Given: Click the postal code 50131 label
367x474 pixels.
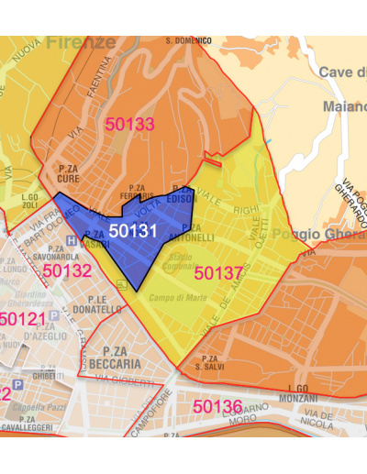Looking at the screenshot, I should [133, 232].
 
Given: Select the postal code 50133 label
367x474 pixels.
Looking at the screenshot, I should [129, 125].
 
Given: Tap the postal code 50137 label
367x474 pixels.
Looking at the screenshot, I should [218, 272].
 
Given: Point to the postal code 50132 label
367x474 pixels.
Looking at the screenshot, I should [67, 270].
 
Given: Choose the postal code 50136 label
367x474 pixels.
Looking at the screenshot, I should [217, 405].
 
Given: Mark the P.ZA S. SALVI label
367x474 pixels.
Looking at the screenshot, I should [211, 362].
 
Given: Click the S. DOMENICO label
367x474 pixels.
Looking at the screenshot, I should [188, 41].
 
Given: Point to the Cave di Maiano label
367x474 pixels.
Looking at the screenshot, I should [342, 89].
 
